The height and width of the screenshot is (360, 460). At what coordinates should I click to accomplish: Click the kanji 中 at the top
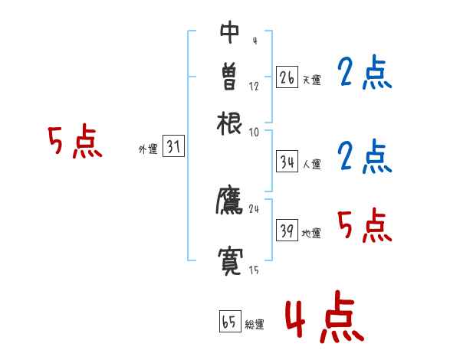[x=230, y=32]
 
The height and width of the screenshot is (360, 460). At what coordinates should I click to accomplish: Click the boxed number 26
[x=287, y=77]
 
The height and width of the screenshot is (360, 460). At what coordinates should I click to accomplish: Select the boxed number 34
[x=287, y=162]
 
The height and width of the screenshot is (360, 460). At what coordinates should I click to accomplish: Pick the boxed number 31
[x=173, y=148]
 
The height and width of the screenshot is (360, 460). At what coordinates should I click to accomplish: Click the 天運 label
[x=311, y=80]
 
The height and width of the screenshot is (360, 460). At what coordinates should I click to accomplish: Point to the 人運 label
[x=311, y=164]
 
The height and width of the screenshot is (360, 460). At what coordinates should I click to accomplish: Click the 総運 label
[x=255, y=324]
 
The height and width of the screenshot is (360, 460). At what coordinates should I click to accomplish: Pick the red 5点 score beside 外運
[x=75, y=143]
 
